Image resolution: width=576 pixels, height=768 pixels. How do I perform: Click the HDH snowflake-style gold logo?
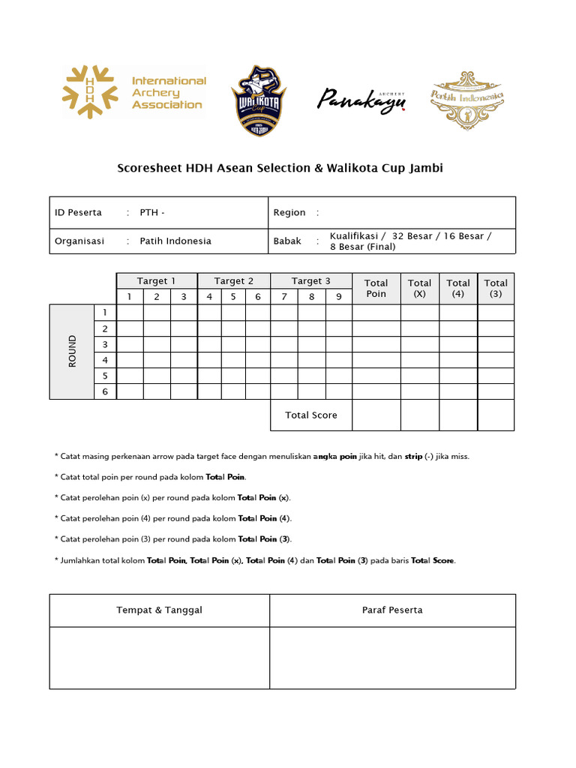(x=90, y=93)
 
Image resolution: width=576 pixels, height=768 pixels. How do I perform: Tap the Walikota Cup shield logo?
(x=258, y=100)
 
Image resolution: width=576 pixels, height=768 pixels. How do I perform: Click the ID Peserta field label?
(x=78, y=212)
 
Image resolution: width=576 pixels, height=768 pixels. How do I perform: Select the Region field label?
(x=289, y=212)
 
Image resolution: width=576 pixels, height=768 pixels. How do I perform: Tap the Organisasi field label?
(x=79, y=241)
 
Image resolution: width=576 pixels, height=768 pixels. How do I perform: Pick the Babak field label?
(x=287, y=241)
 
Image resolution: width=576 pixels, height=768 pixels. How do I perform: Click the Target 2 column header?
(x=234, y=280)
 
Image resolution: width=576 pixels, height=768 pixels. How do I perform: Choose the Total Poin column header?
(x=376, y=288)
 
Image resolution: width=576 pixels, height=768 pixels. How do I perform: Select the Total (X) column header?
(x=419, y=288)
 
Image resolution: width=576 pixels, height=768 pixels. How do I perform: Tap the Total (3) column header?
(x=496, y=288)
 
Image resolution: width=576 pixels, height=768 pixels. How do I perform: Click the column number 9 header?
(x=339, y=297)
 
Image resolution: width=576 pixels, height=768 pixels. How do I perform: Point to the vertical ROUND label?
(x=72, y=351)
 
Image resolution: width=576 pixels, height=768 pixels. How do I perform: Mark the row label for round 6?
(x=105, y=391)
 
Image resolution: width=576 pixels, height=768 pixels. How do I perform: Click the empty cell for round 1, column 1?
(x=130, y=313)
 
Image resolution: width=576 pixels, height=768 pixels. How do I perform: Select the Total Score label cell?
(x=311, y=415)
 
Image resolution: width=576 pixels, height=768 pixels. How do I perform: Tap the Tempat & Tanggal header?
(x=159, y=610)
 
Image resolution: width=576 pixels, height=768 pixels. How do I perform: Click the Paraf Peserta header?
(x=392, y=610)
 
